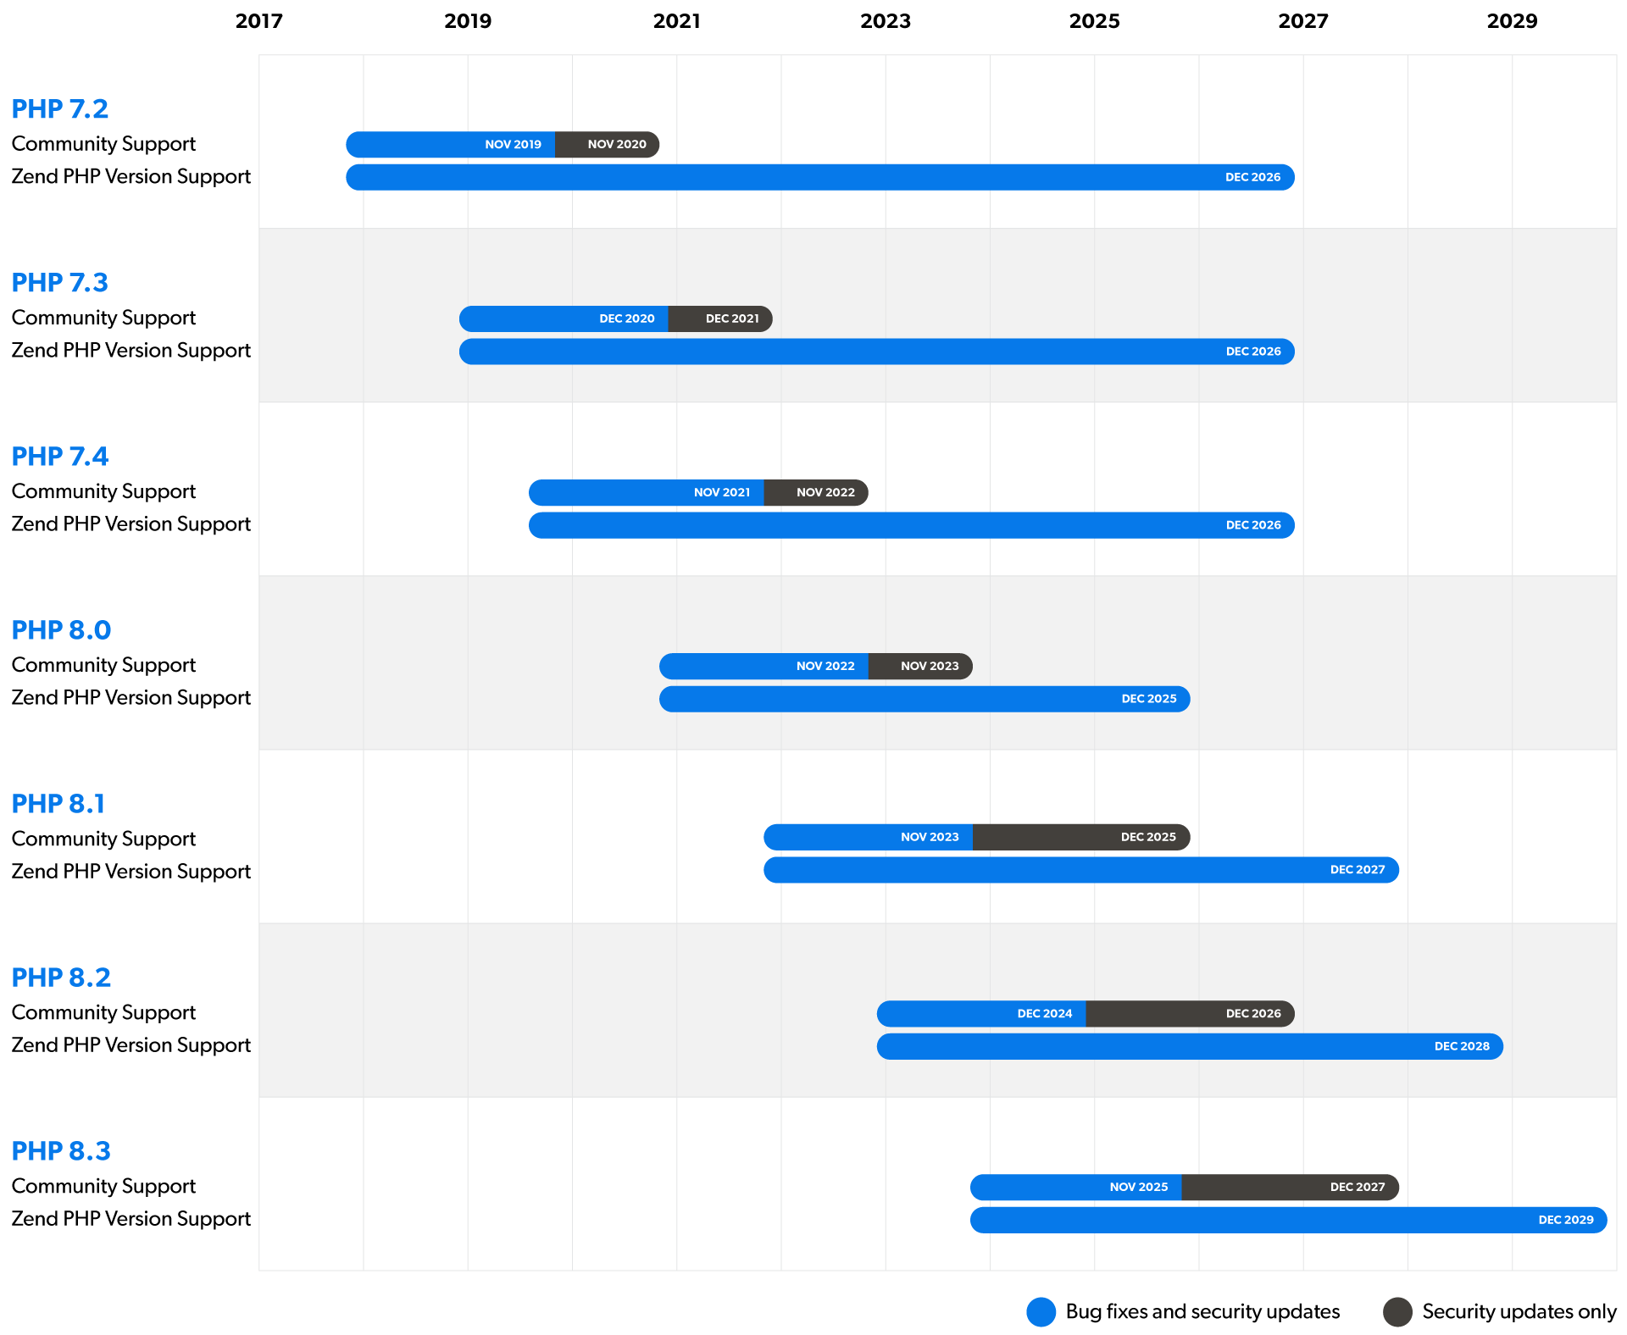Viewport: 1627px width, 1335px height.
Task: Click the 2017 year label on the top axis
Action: coord(258,21)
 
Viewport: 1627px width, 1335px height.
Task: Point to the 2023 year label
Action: coord(885,21)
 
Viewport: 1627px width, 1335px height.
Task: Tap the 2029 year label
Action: coord(1512,21)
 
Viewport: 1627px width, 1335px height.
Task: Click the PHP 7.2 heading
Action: coord(60,109)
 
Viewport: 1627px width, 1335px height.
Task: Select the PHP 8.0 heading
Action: coord(61,630)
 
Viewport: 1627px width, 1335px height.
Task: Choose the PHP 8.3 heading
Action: coord(61,1151)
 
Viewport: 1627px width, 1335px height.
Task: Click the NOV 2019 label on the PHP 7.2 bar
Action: coord(513,145)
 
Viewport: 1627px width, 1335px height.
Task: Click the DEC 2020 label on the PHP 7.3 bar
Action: coord(626,319)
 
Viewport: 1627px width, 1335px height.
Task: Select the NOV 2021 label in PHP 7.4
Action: coord(721,493)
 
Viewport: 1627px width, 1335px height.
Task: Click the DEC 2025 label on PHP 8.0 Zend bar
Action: coord(1148,700)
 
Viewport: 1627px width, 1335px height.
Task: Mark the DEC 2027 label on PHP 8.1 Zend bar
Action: coord(1357,870)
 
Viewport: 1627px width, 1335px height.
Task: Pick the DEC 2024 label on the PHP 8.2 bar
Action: coord(1044,1014)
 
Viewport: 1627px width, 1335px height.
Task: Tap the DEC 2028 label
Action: coord(1461,1047)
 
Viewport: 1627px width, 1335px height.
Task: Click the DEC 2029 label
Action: coord(1565,1221)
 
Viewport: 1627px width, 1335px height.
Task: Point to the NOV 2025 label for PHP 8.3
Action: coord(1138,1188)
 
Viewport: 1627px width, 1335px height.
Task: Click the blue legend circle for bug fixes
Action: coord(1041,1312)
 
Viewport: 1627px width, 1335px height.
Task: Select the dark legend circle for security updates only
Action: coord(1397,1312)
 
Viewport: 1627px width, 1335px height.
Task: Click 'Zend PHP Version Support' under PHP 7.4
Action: coord(131,524)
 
